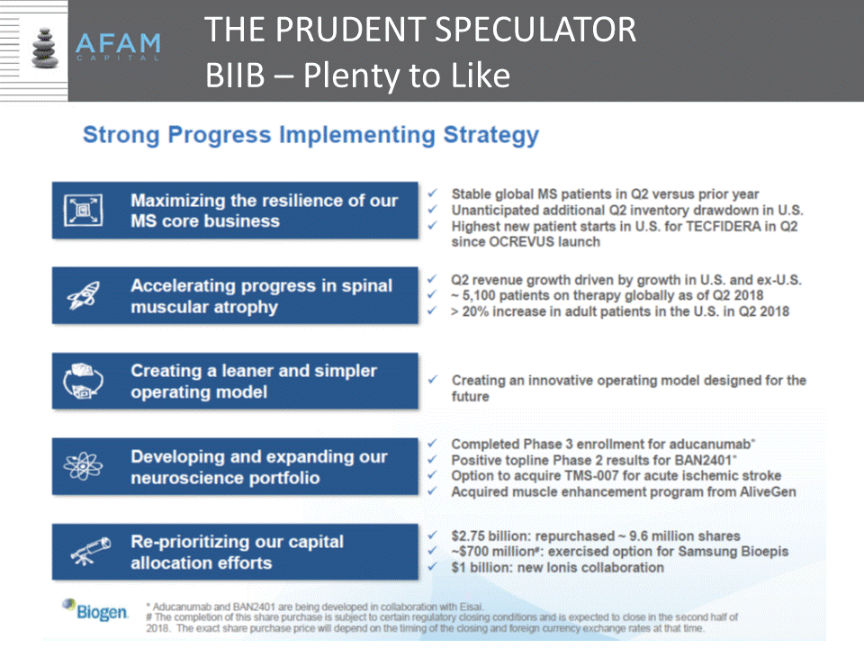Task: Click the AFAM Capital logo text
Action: [118, 46]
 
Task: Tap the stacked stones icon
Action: [45, 49]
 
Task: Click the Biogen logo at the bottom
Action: [95, 610]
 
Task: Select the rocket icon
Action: [83, 295]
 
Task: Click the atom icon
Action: [83, 466]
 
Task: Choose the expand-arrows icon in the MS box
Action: [83, 210]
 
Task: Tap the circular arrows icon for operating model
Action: [83, 381]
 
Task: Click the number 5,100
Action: [479, 295]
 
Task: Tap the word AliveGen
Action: [768, 491]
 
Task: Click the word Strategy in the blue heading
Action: [491, 136]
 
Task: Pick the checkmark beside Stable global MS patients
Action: [433, 193]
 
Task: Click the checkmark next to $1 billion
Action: [433, 566]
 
